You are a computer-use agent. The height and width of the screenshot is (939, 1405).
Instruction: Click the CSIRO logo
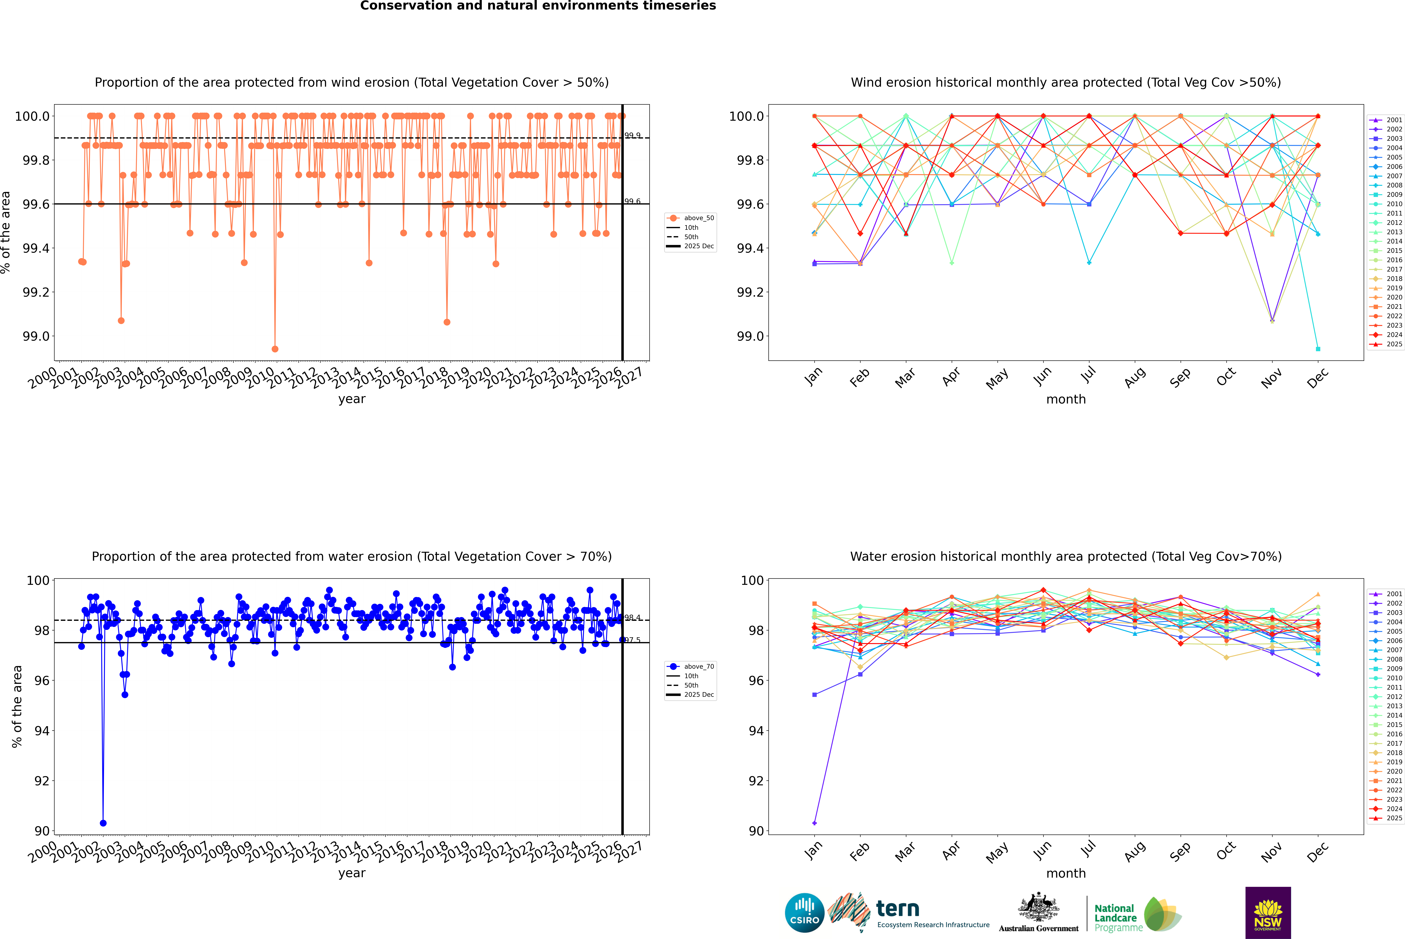point(804,913)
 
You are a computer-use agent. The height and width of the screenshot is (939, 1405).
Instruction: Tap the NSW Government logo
point(1268,913)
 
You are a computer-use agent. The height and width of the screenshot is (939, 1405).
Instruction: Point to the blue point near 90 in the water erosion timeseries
point(103,823)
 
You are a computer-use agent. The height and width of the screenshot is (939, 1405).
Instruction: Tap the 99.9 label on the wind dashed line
point(632,135)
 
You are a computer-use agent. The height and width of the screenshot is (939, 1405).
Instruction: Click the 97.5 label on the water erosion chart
point(632,640)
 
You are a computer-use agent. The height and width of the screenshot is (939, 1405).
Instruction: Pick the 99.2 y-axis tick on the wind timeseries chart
point(36,292)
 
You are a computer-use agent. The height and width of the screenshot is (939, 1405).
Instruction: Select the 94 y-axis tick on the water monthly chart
point(756,731)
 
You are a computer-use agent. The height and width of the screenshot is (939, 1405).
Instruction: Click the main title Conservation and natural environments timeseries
point(538,6)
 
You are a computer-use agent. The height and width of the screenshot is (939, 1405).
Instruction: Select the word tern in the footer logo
point(897,909)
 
